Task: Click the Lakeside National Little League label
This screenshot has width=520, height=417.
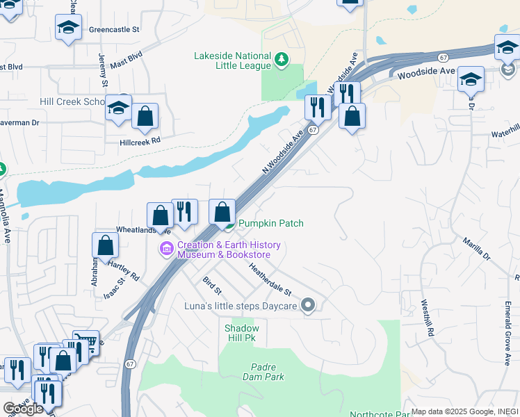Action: (x=231, y=60)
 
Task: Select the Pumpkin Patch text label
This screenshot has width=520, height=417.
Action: (x=271, y=223)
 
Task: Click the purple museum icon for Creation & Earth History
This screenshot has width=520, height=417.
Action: (x=167, y=249)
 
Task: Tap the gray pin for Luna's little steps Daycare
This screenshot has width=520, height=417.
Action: (x=309, y=306)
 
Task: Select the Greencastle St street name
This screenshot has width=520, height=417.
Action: (x=115, y=31)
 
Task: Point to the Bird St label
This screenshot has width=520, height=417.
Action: (x=211, y=285)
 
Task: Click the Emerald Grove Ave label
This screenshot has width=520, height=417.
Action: (x=507, y=332)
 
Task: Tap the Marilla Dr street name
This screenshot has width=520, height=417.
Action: (x=476, y=249)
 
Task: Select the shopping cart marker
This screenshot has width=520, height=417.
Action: (x=86, y=341)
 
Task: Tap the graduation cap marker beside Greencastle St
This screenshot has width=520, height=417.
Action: (x=68, y=27)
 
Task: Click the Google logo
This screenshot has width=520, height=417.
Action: (x=23, y=409)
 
